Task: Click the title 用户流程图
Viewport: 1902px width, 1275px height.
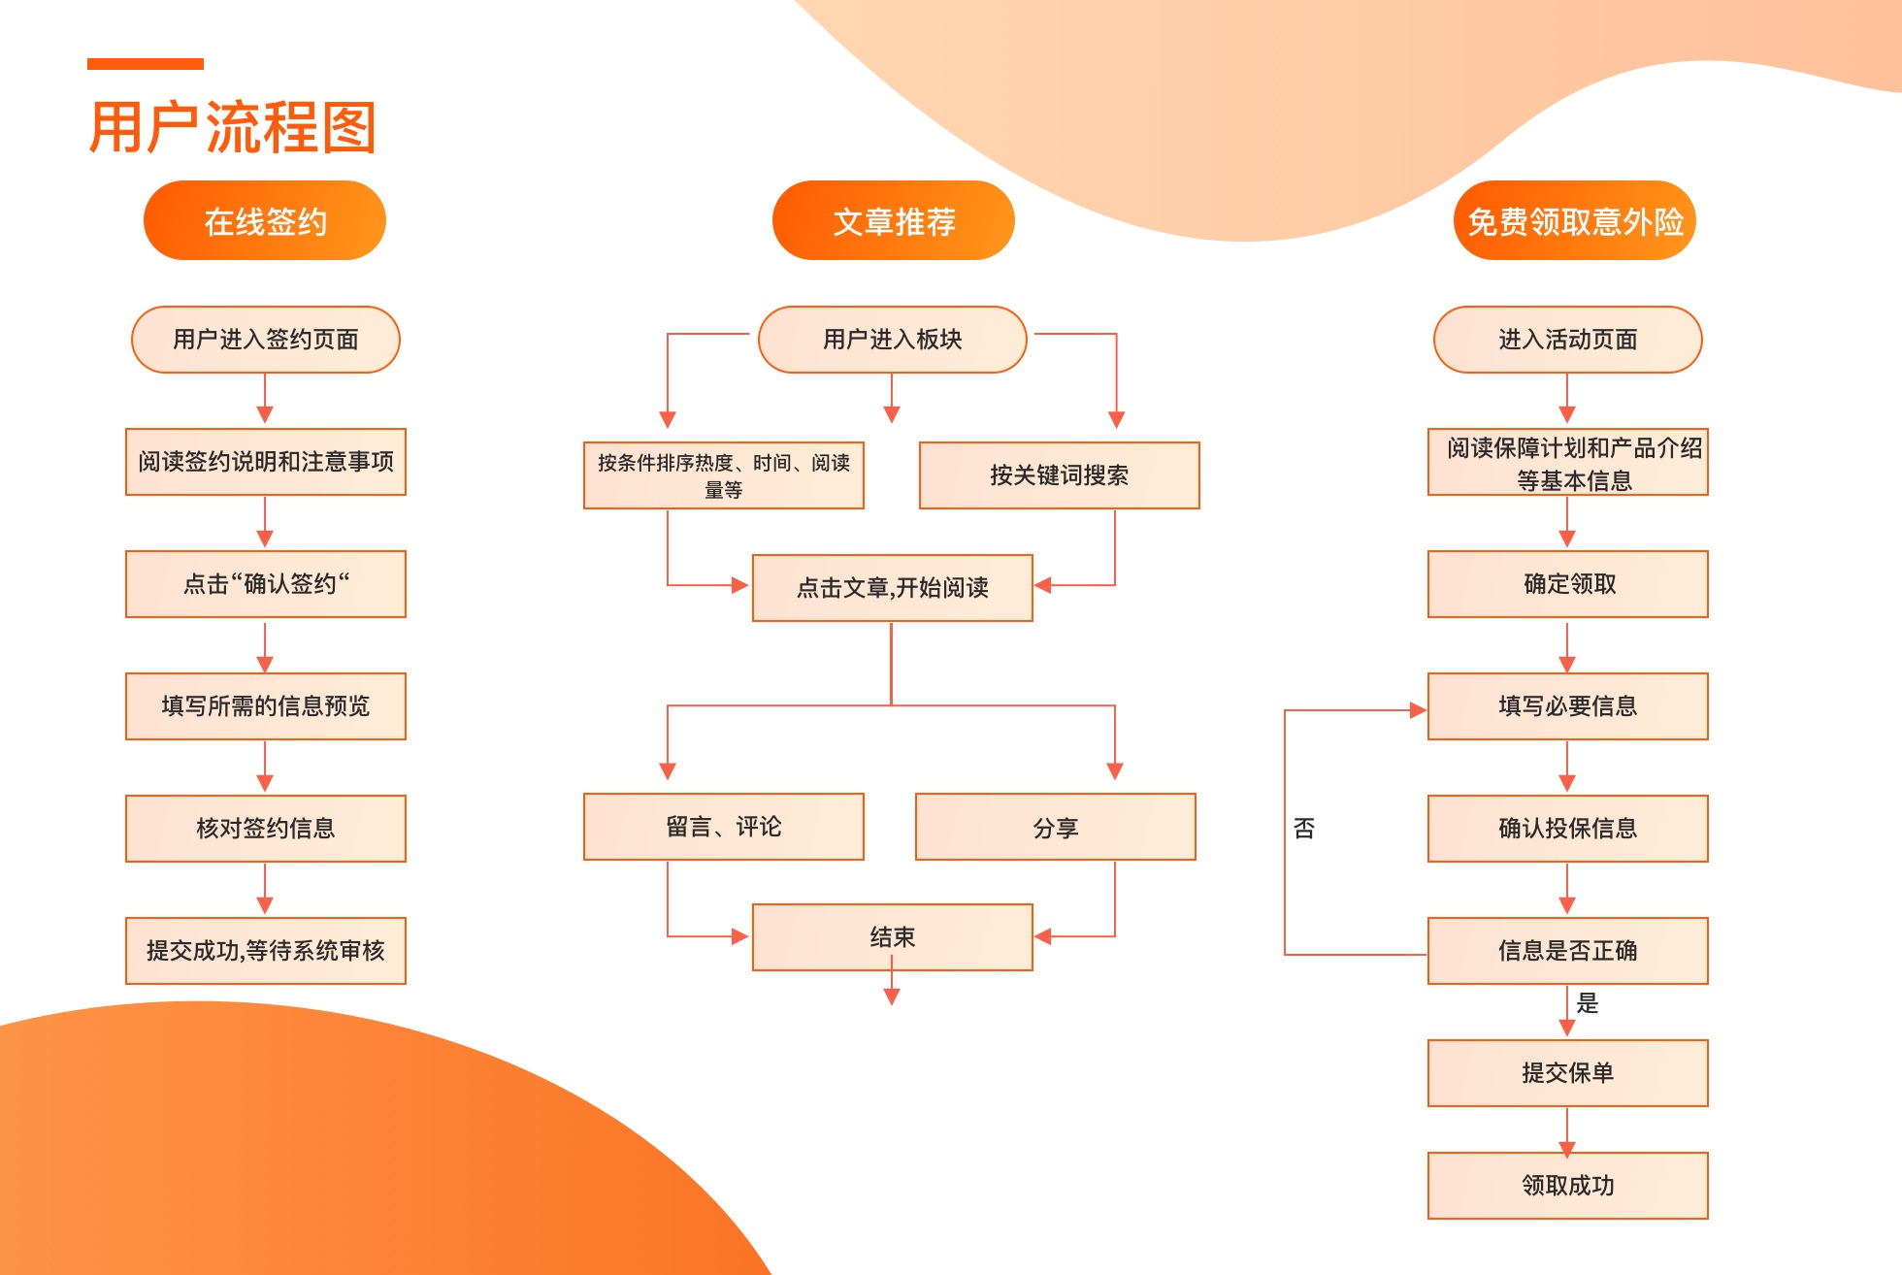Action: tap(232, 128)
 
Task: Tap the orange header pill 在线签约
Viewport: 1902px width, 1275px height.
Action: tap(265, 221)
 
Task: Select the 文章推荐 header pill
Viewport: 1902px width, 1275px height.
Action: tap(894, 221)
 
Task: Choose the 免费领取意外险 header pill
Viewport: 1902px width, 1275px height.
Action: tap(1574, 221)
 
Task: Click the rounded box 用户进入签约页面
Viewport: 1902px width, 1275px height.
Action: tap(266, 340)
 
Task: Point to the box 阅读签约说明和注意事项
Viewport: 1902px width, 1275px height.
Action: tap(266, 462)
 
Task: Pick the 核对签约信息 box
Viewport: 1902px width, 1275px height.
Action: tap(266, 829)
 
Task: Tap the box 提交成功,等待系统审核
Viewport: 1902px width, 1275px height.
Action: tap(266, 951)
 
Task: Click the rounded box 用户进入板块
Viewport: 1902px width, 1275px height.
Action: tap(893, 340)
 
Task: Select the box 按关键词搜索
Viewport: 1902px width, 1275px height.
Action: tap(1060, 475)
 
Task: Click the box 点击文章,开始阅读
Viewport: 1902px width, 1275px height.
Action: tap(893, 588)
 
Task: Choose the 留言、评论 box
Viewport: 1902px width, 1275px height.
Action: tap(724, 827)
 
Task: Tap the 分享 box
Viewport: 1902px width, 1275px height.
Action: tap(1056, 828)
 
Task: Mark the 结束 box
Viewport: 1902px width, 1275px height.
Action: tap(893, 937)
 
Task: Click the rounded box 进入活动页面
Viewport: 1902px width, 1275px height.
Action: tap(1568, 340)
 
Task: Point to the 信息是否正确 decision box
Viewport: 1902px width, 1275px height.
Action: tap(1568, 951)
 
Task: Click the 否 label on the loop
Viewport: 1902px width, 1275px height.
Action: tap(1304, 829)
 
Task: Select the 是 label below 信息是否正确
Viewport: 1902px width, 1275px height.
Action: tap(1588, 1003)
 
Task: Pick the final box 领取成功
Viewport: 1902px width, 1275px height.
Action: tap(1568, 1186)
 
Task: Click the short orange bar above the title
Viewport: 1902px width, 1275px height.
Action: tap(146, 64)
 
